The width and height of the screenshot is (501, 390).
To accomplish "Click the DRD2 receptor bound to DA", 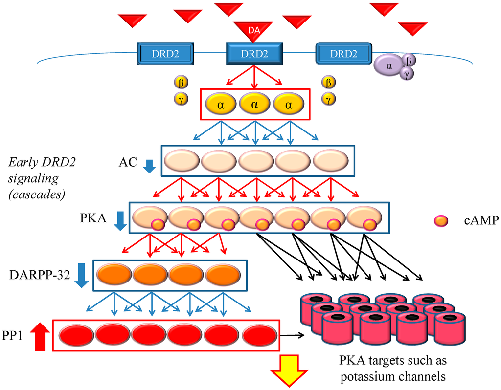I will [254, 53].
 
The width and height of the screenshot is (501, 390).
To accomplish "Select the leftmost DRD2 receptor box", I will [164, 53].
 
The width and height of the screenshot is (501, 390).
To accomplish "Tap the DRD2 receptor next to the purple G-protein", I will [344, 53].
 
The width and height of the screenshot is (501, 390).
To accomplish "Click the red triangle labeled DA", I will [253, 30].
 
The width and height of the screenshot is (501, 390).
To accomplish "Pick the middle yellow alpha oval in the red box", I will [255, 104].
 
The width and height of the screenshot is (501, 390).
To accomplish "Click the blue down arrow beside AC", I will [150, 167].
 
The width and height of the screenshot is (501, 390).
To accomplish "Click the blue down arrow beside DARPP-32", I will [82, 276].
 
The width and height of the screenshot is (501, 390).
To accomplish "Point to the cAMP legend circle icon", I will [441, 221].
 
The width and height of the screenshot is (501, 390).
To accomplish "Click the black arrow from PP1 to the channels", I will [293, 335].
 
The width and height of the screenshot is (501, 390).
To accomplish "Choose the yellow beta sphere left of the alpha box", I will [181, 81].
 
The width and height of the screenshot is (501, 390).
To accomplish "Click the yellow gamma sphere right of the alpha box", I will [328, 99].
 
